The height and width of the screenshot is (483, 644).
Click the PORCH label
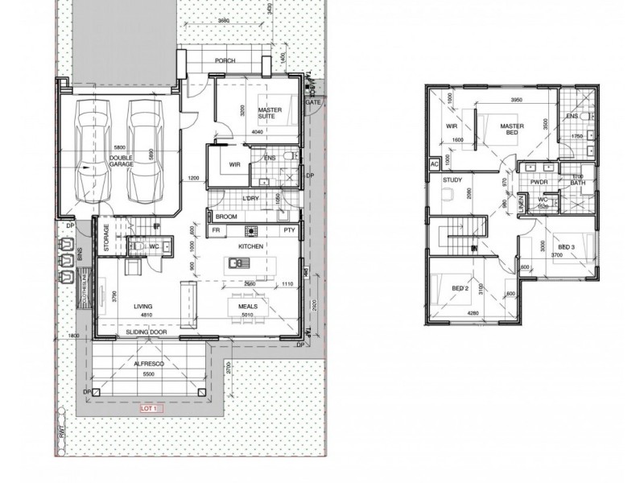pyautogui.click(x=225, y=61)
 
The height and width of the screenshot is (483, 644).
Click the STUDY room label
pyautogui.click(x=452, y=180)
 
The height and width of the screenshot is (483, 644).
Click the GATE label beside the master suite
pyautogui.click(x=312, y=103)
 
